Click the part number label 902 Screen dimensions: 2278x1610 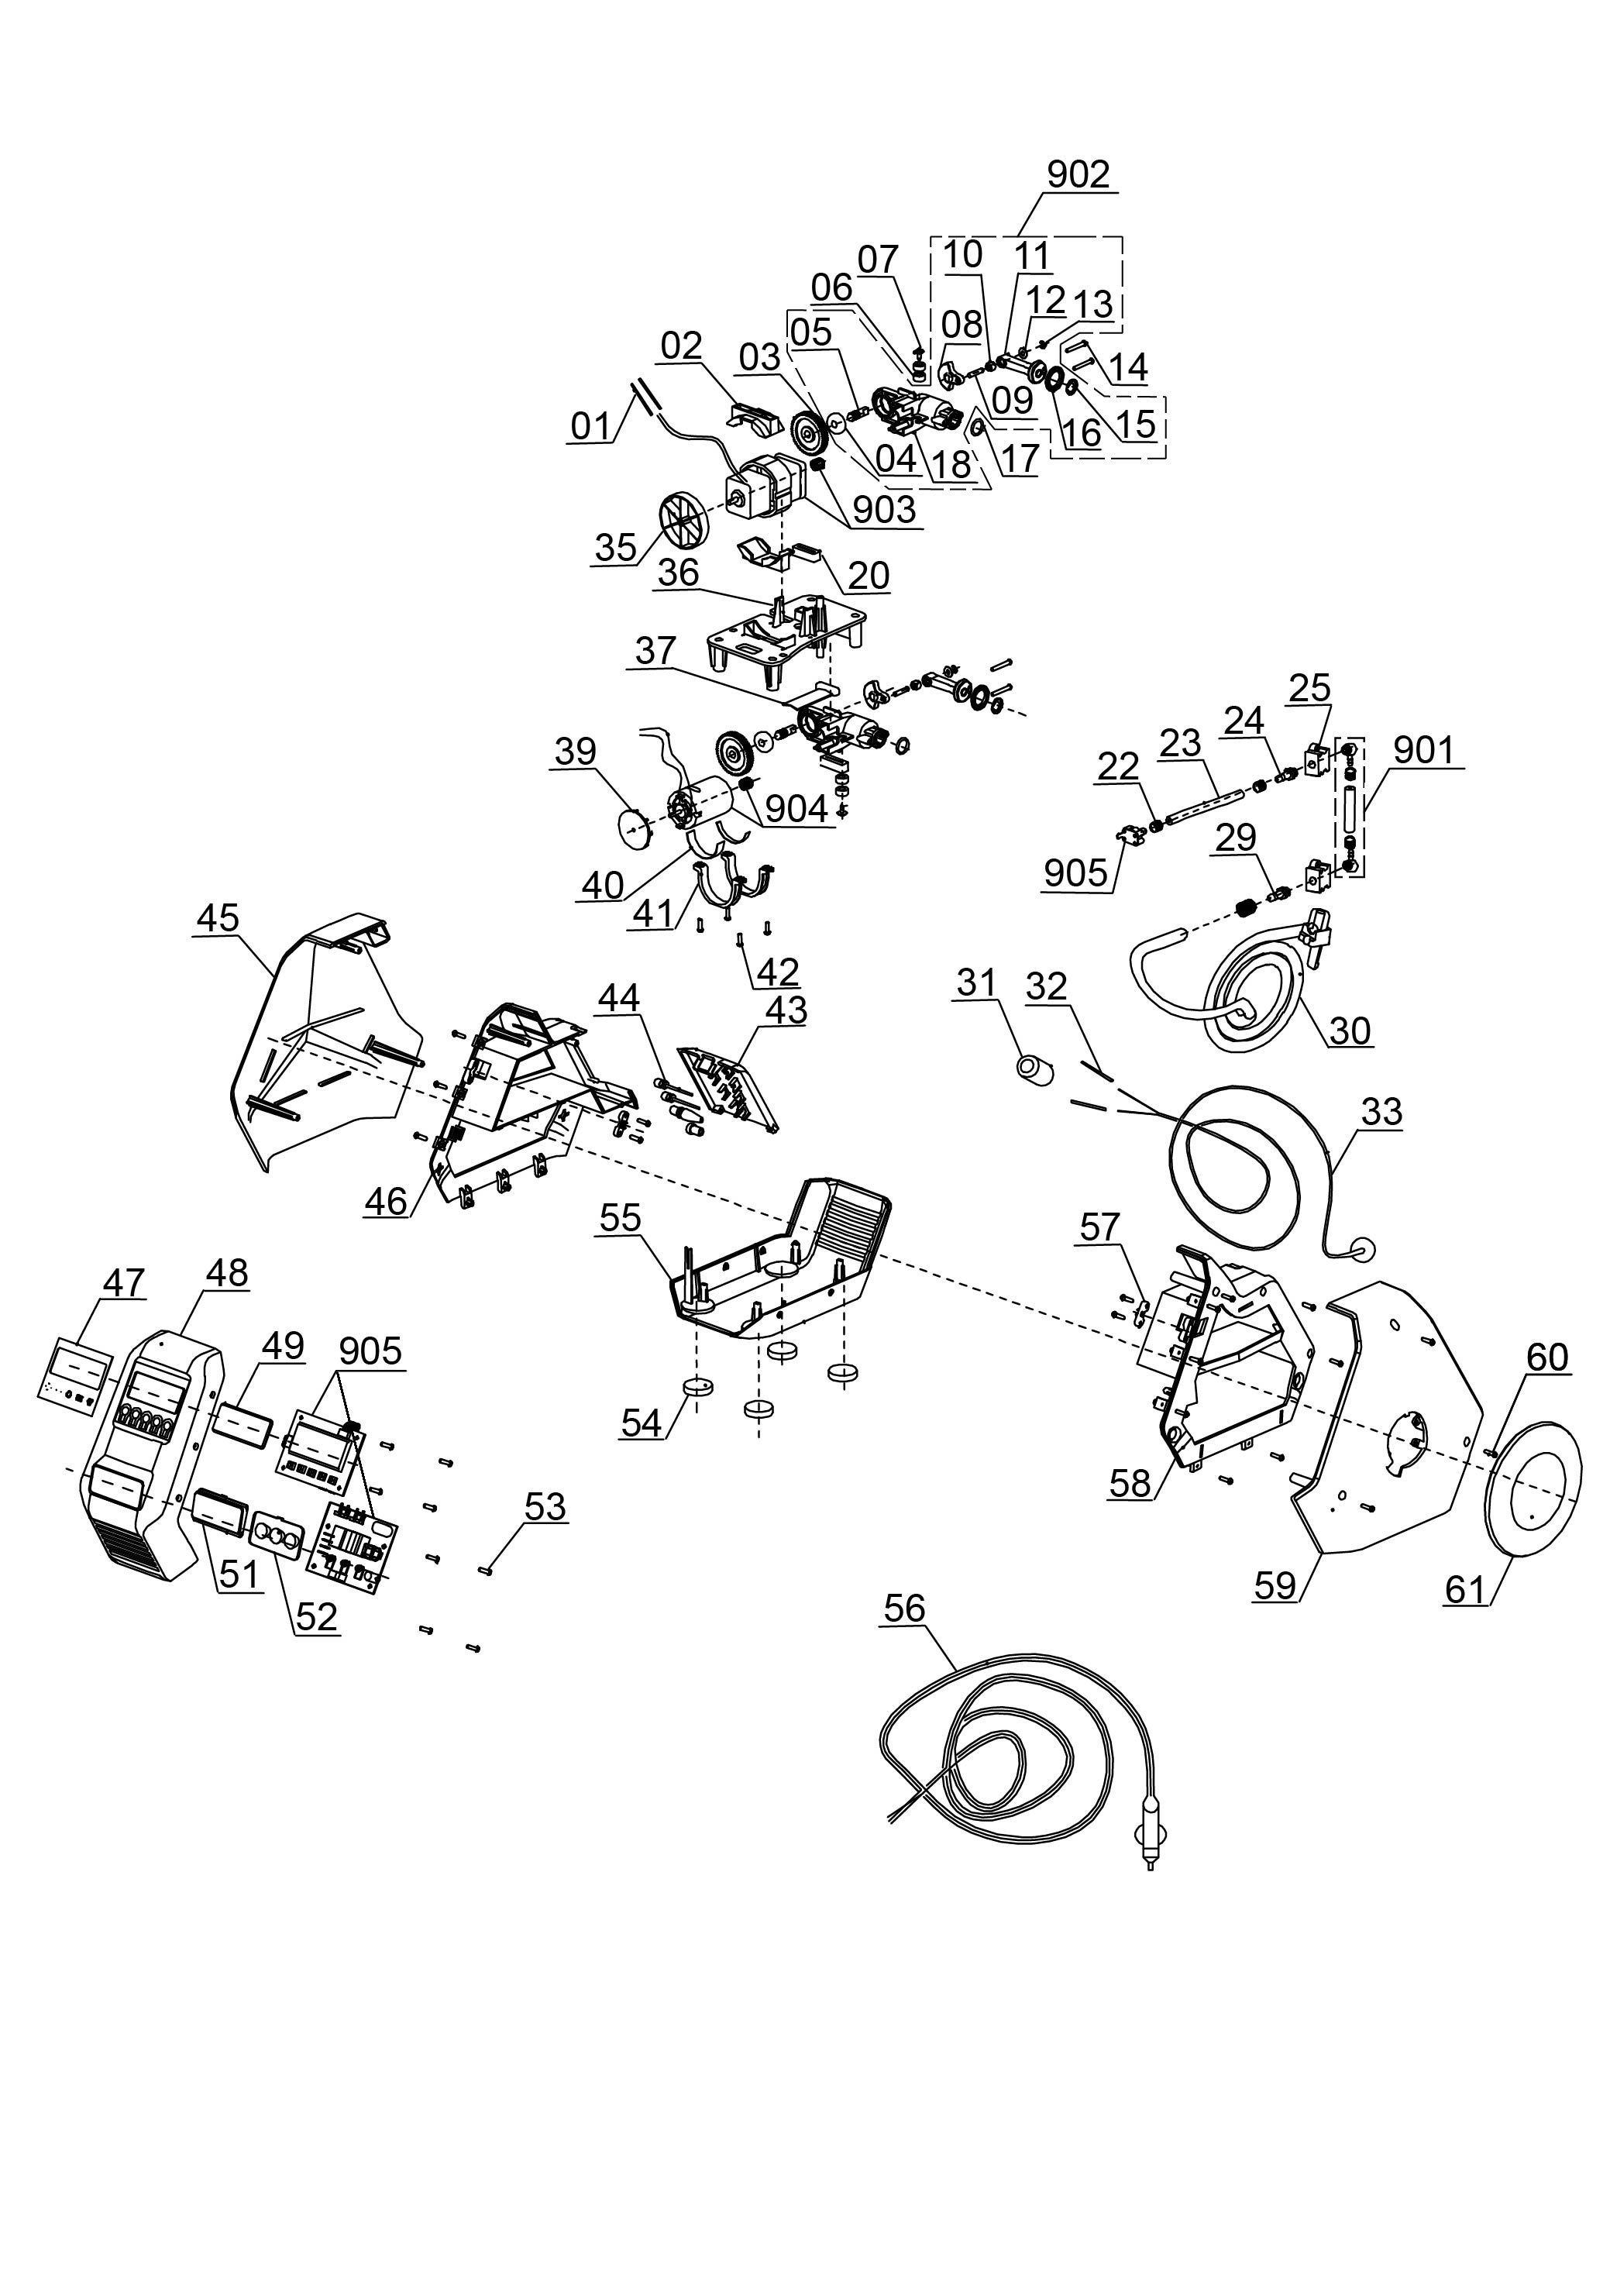click(1078, 174)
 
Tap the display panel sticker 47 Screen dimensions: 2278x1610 click(77, 1372)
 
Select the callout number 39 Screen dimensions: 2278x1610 click(576, 752)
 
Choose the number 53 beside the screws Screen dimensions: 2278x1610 click(545, 1506)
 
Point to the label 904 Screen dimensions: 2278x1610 click(796, 809)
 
